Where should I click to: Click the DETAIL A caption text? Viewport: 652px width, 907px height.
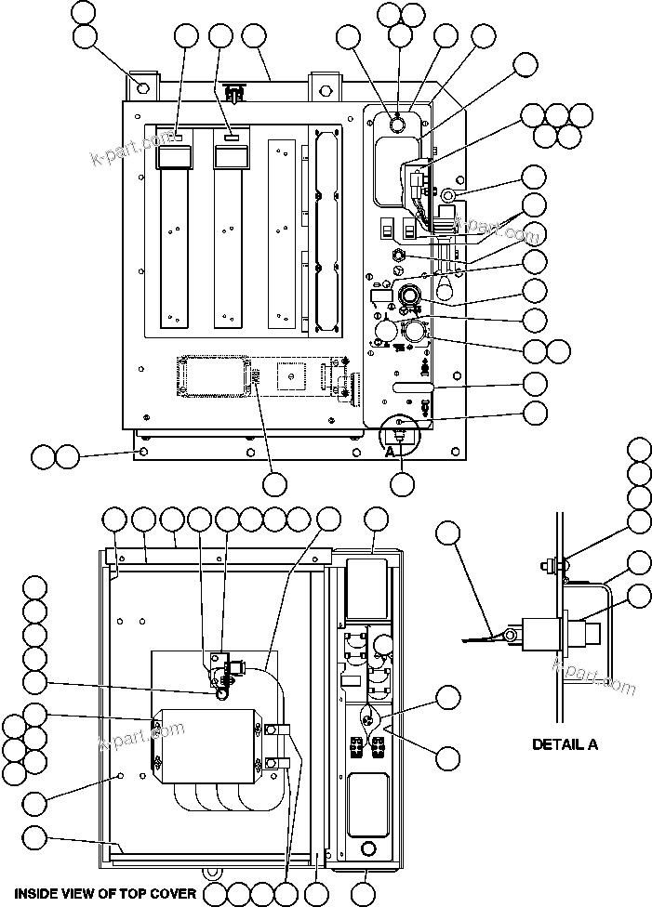click(565, 743)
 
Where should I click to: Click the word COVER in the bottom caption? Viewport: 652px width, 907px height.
click(172, 893)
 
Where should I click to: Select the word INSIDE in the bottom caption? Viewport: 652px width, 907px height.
click(35, 893)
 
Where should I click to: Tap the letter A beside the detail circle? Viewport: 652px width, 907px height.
click(391, 451)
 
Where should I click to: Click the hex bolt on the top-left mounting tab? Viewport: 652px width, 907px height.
click(142, 88)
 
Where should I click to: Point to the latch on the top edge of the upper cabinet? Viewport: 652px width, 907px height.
click(234, 93)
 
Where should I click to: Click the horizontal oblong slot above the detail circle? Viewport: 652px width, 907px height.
click(413, 385)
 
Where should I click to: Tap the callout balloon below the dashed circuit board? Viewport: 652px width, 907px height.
click(274, 484)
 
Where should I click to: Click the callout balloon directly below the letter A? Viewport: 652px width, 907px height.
click(402, 483)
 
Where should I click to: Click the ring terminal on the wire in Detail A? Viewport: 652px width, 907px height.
click(509, 635)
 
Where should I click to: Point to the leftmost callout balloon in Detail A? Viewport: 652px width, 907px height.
click(448, 532)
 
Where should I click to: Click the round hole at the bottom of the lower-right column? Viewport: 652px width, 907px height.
click(367, 848)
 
